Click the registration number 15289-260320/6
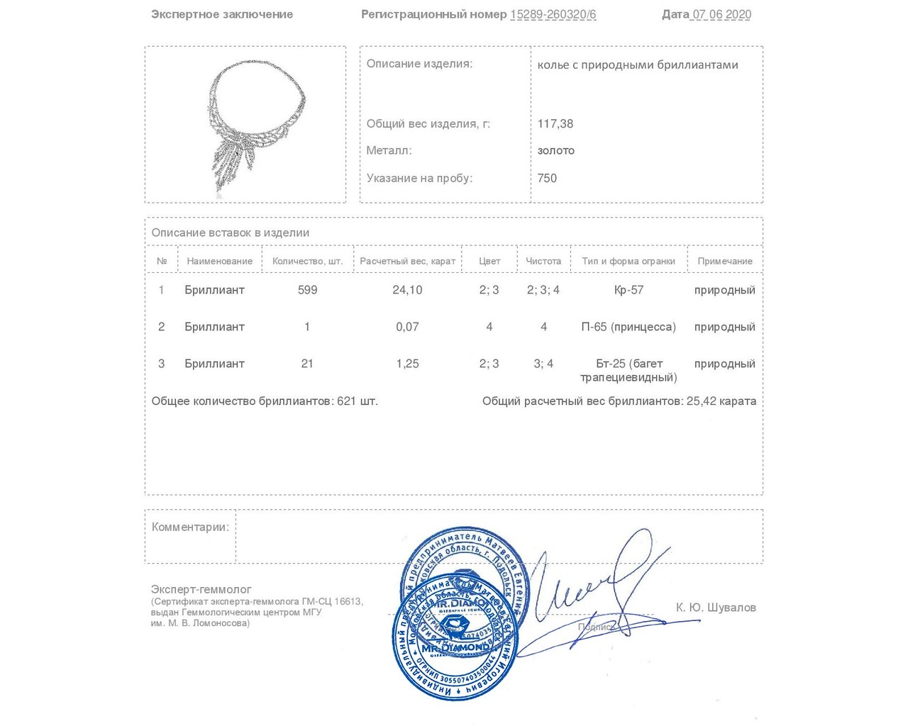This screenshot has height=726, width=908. (553, 14)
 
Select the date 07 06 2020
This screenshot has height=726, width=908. (721, 14)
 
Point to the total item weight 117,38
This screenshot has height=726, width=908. (555, 123)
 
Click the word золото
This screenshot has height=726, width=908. (556, 150)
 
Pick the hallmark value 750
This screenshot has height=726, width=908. (547, 178)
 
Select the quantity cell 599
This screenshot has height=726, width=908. (307, 290)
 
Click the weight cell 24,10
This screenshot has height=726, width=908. (407, 290)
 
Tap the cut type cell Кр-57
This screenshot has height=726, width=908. (629, 290)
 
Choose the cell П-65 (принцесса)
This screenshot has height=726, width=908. (629, 327)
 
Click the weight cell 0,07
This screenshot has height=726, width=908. (407, 327)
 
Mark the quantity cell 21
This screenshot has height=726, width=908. (307, 364)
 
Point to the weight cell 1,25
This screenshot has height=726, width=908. (407, 364)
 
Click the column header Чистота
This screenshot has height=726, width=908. (543, 261)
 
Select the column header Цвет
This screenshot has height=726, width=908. (489, 261)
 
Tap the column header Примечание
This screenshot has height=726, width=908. (724, 261)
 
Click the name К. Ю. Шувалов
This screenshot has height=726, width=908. (716, 608)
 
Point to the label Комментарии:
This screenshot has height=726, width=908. (190, 527)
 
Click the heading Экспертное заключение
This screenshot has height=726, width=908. (222, 14)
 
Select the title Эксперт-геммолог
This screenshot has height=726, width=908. (201, 589)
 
